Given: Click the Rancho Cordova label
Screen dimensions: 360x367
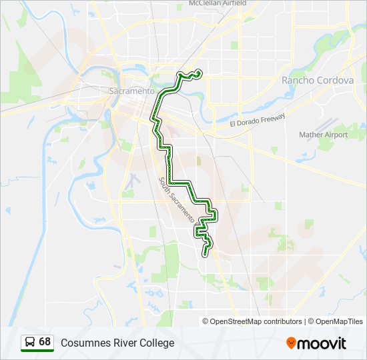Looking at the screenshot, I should click(318, 80).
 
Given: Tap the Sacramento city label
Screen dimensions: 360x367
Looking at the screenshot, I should click(131, 91).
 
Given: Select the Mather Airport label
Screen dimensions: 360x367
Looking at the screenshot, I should click(324, 135).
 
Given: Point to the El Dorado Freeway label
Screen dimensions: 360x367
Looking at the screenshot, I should click(257, 120).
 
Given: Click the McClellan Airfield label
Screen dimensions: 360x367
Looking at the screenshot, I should click(218, 3).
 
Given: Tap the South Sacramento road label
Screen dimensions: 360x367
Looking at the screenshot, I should click(177, 199).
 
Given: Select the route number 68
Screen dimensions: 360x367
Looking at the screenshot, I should click(45, 342).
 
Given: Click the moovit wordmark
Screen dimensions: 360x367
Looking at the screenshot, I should click(322, 343).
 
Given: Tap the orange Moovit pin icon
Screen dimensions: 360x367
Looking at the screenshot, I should click(292, 343).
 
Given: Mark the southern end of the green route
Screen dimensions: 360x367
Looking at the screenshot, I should click(206, 253).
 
